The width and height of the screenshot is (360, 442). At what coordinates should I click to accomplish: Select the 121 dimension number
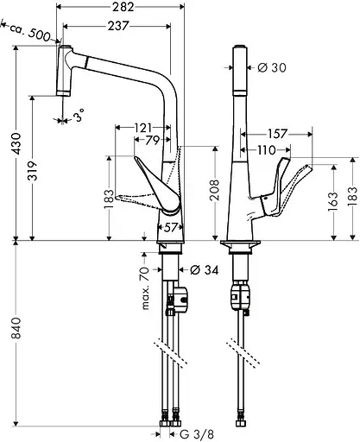tap(144, 128)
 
